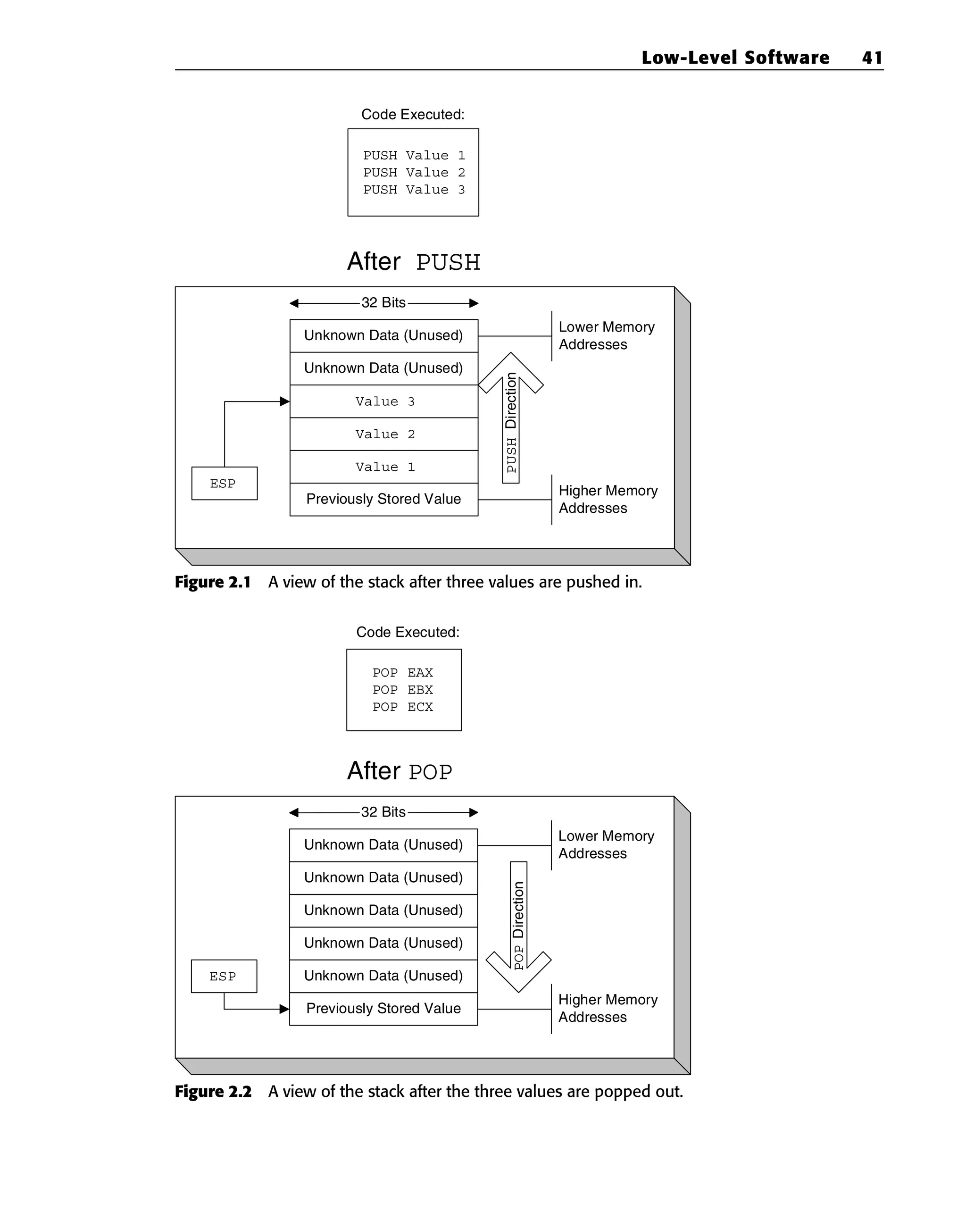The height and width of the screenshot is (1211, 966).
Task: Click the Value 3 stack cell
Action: (x=383, y=401)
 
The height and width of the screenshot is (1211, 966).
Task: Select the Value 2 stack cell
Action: (x=383, y=434)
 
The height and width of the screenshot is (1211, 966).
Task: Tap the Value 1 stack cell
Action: (x=383, y=467)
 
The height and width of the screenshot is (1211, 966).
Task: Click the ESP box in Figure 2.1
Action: (x=224, y=484)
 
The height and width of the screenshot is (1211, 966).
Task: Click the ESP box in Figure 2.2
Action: (x=224, y=976)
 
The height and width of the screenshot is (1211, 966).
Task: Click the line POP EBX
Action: (x=403, y=690)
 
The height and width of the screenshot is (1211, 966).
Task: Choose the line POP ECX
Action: (x=403, y=707)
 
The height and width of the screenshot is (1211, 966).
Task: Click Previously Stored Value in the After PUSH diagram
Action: (x=383, y=499)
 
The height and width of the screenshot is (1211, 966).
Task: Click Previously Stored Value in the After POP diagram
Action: (x=383, y=1009)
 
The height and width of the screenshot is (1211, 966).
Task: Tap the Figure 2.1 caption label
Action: (x=213, y=582)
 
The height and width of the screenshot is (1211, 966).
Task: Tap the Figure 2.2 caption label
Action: (x=213, y=1091)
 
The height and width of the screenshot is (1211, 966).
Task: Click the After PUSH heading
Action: (x=413, y=262)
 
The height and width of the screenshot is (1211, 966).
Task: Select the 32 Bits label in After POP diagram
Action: (x=383, y=812)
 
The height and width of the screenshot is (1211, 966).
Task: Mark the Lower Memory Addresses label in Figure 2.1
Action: (x=607, y=335)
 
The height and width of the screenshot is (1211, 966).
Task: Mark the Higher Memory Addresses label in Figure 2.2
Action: (x=608, y=1008)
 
